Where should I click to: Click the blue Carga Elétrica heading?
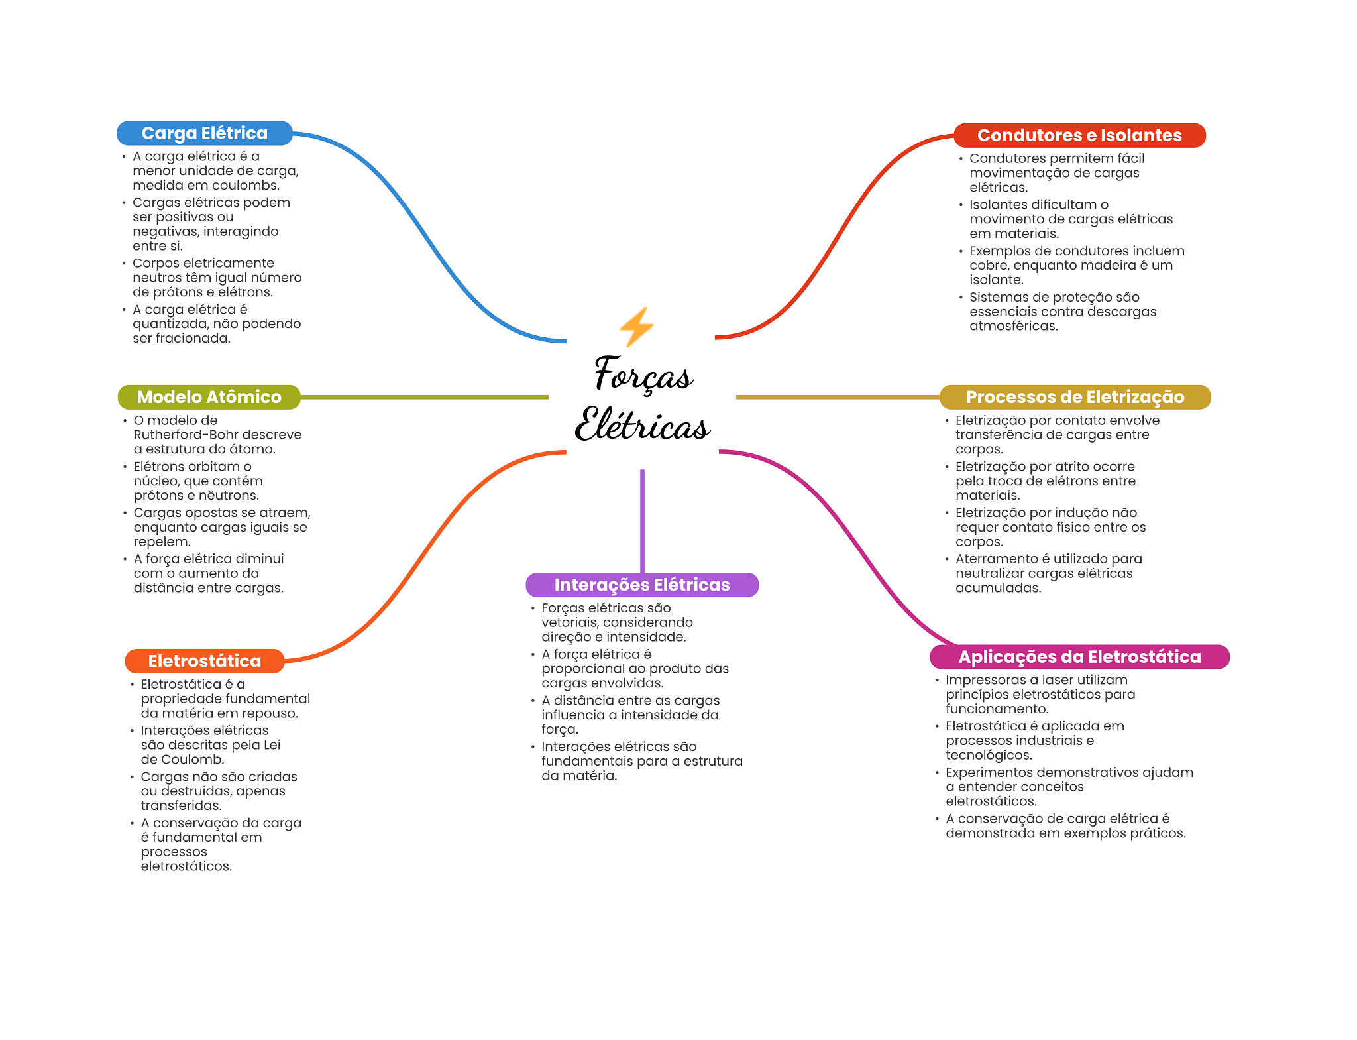205,133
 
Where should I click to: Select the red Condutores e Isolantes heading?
1079,135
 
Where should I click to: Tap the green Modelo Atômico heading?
209,397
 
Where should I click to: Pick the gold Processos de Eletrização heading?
1075,397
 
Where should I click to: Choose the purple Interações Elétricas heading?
642,585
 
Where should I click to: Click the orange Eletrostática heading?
205,661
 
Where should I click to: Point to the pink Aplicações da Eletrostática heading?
1079,657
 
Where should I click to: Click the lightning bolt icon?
637,327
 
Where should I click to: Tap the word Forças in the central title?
643,374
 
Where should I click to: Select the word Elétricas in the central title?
643,424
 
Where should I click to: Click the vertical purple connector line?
642,521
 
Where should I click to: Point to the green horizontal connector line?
425,397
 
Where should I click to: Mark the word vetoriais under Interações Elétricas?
570,622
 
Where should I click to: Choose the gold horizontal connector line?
838,397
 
